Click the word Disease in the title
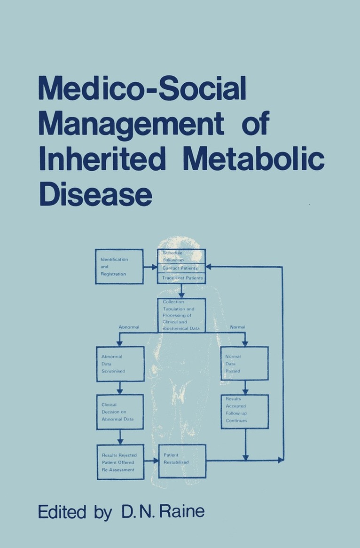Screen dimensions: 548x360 pos(95,196)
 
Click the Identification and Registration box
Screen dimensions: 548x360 pos(119,266)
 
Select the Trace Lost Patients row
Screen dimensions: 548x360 pos(181,278)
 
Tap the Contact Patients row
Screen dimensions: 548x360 pos(181,268)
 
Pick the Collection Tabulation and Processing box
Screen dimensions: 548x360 pos(181,315)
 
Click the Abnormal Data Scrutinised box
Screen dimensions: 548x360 pos(120,364)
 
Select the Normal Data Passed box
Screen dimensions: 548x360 pos(244,364)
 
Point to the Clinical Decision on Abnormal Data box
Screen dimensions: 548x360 pos(120,412)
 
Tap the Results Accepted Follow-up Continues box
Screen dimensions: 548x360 pos(245,412)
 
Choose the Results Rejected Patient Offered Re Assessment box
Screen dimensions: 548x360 pos(120,462)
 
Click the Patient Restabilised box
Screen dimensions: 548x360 pos(182,461)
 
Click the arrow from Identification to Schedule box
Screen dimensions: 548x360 pos(150,267)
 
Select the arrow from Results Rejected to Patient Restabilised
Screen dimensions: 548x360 pos(151,461)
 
